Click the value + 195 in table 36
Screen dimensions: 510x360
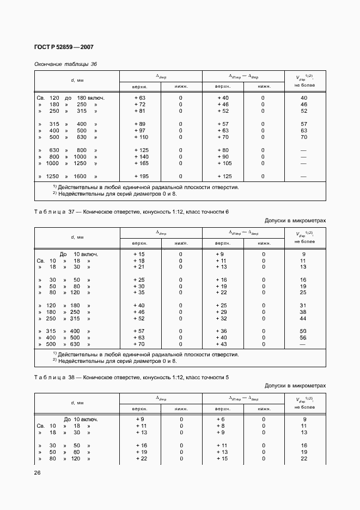coord(141,177)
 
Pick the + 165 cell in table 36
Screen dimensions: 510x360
coord(141,163)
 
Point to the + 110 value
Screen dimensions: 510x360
coord(141,137)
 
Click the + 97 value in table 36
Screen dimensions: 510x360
coord(140,131)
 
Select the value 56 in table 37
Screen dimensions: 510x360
coord(304,338)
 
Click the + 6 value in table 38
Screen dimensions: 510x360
coord(221,420)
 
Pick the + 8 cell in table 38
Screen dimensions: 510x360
coord(221,426)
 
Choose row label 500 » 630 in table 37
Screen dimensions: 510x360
coord(63,344)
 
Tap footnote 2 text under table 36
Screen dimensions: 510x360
coord(114,193)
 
